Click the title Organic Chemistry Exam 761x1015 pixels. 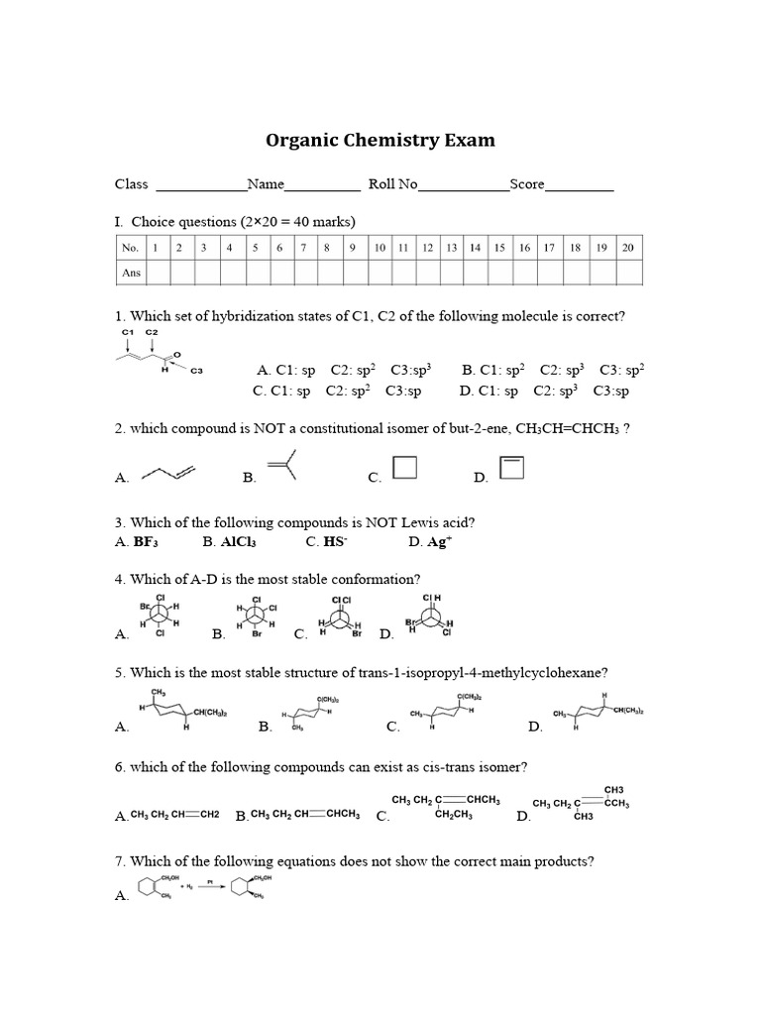coord(380,140)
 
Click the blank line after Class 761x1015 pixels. coord(201,185)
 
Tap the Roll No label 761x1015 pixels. coord(392,183)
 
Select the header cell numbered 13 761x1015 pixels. coord(451,248)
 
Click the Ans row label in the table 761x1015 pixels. coord(131,273)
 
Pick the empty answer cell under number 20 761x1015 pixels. coord(627,273)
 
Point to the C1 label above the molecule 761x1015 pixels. coord(128,332)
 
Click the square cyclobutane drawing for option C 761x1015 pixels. coord(405,467)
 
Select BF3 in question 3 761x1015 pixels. coord(145,542)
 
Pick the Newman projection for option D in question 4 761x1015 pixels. coord(431,620)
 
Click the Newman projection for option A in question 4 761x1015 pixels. coord(159,620)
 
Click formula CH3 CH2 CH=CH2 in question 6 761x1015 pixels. coord(174,815)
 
